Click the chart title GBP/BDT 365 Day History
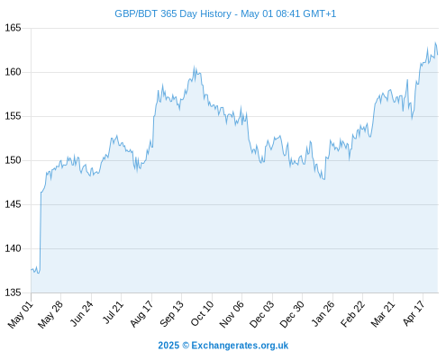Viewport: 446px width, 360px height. [x=173, y=13]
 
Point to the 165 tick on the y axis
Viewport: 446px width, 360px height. [x=13, y=28]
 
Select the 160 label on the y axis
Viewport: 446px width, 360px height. [x=13, y=72]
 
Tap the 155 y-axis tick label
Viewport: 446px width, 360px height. [x=13, y=116]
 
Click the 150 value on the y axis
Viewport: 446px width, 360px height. [x=13, y=160]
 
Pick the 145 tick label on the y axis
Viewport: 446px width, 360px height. [x=13, y=204]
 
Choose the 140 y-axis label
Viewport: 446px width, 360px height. [x=13, y=248]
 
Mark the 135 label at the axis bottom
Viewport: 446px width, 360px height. [x=13, y=292]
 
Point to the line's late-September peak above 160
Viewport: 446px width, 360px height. [x=194, y=67]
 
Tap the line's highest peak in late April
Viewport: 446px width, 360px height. [x=435, y=42]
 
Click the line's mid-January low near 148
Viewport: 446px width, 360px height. [x=324, y=179]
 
